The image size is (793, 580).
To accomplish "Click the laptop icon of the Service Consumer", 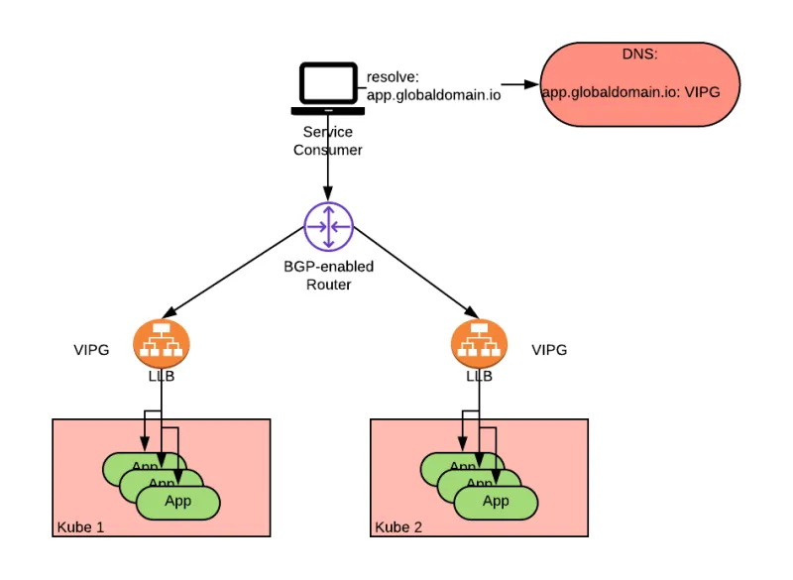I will click(x=327, y=90).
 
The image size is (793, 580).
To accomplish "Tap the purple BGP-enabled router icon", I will click(x=328, y=228).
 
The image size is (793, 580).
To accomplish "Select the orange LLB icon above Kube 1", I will click(x=162, y=342).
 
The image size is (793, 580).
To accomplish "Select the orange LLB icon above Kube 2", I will click(x=479, y=342).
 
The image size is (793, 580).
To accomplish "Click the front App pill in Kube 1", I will click(x=177, y=502).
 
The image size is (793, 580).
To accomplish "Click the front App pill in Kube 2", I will click(x=496, y=502).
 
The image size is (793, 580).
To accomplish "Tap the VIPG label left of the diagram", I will click(x=91, y=350).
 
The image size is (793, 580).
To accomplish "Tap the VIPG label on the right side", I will click(x=549, y=350).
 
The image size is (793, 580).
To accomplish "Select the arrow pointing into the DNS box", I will click(x=519, y=84).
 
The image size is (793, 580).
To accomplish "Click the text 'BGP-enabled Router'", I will click(x=329, y=275).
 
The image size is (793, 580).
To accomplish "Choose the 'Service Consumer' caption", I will click(x=327, y=141).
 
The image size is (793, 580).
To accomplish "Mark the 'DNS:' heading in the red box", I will click(x=639, y=56).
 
